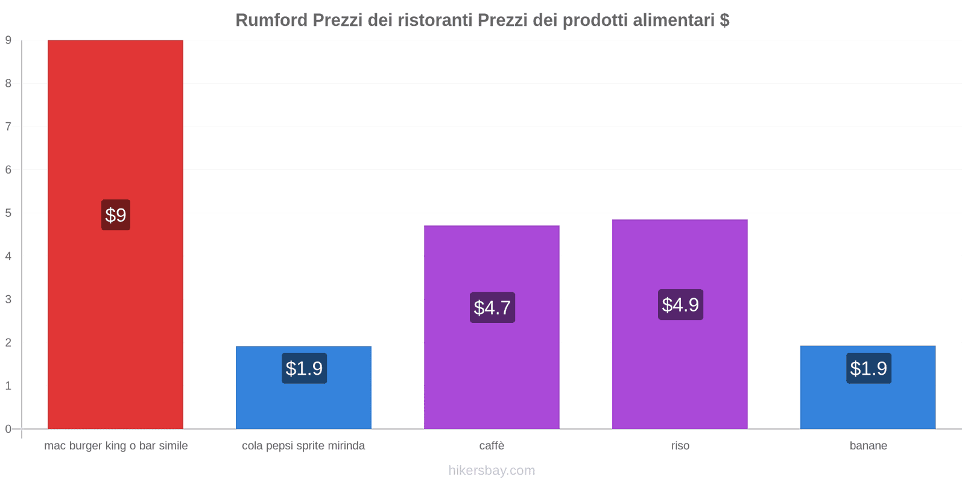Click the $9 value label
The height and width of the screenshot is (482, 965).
point(115,215)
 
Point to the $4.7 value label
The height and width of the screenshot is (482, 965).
point(492,307)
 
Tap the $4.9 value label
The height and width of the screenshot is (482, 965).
point(680,304)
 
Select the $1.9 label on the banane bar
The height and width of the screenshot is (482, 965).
point(868,368)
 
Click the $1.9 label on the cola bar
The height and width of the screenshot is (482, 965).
point(304,368)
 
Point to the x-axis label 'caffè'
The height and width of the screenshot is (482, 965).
point(492,446)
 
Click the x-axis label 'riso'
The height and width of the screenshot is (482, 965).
point(680,446)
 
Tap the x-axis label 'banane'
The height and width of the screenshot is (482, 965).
point(868,446)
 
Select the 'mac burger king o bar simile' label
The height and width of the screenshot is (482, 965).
point(116,446)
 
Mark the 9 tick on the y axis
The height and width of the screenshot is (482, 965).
point(8,40)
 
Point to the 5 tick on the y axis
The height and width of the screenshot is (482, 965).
point(8,213)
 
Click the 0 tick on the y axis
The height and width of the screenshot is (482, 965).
point(8,429)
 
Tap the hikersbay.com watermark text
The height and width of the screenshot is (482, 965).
point(492,471)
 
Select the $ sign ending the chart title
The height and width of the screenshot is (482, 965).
point(724,20)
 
